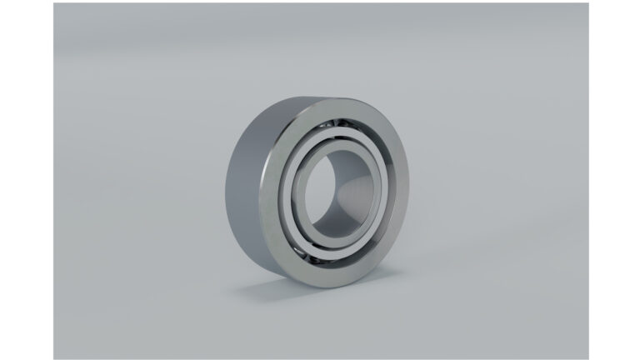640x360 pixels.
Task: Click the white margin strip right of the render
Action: [x=614, y=180]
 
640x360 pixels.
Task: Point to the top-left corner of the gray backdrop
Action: [x=56, y=5]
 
